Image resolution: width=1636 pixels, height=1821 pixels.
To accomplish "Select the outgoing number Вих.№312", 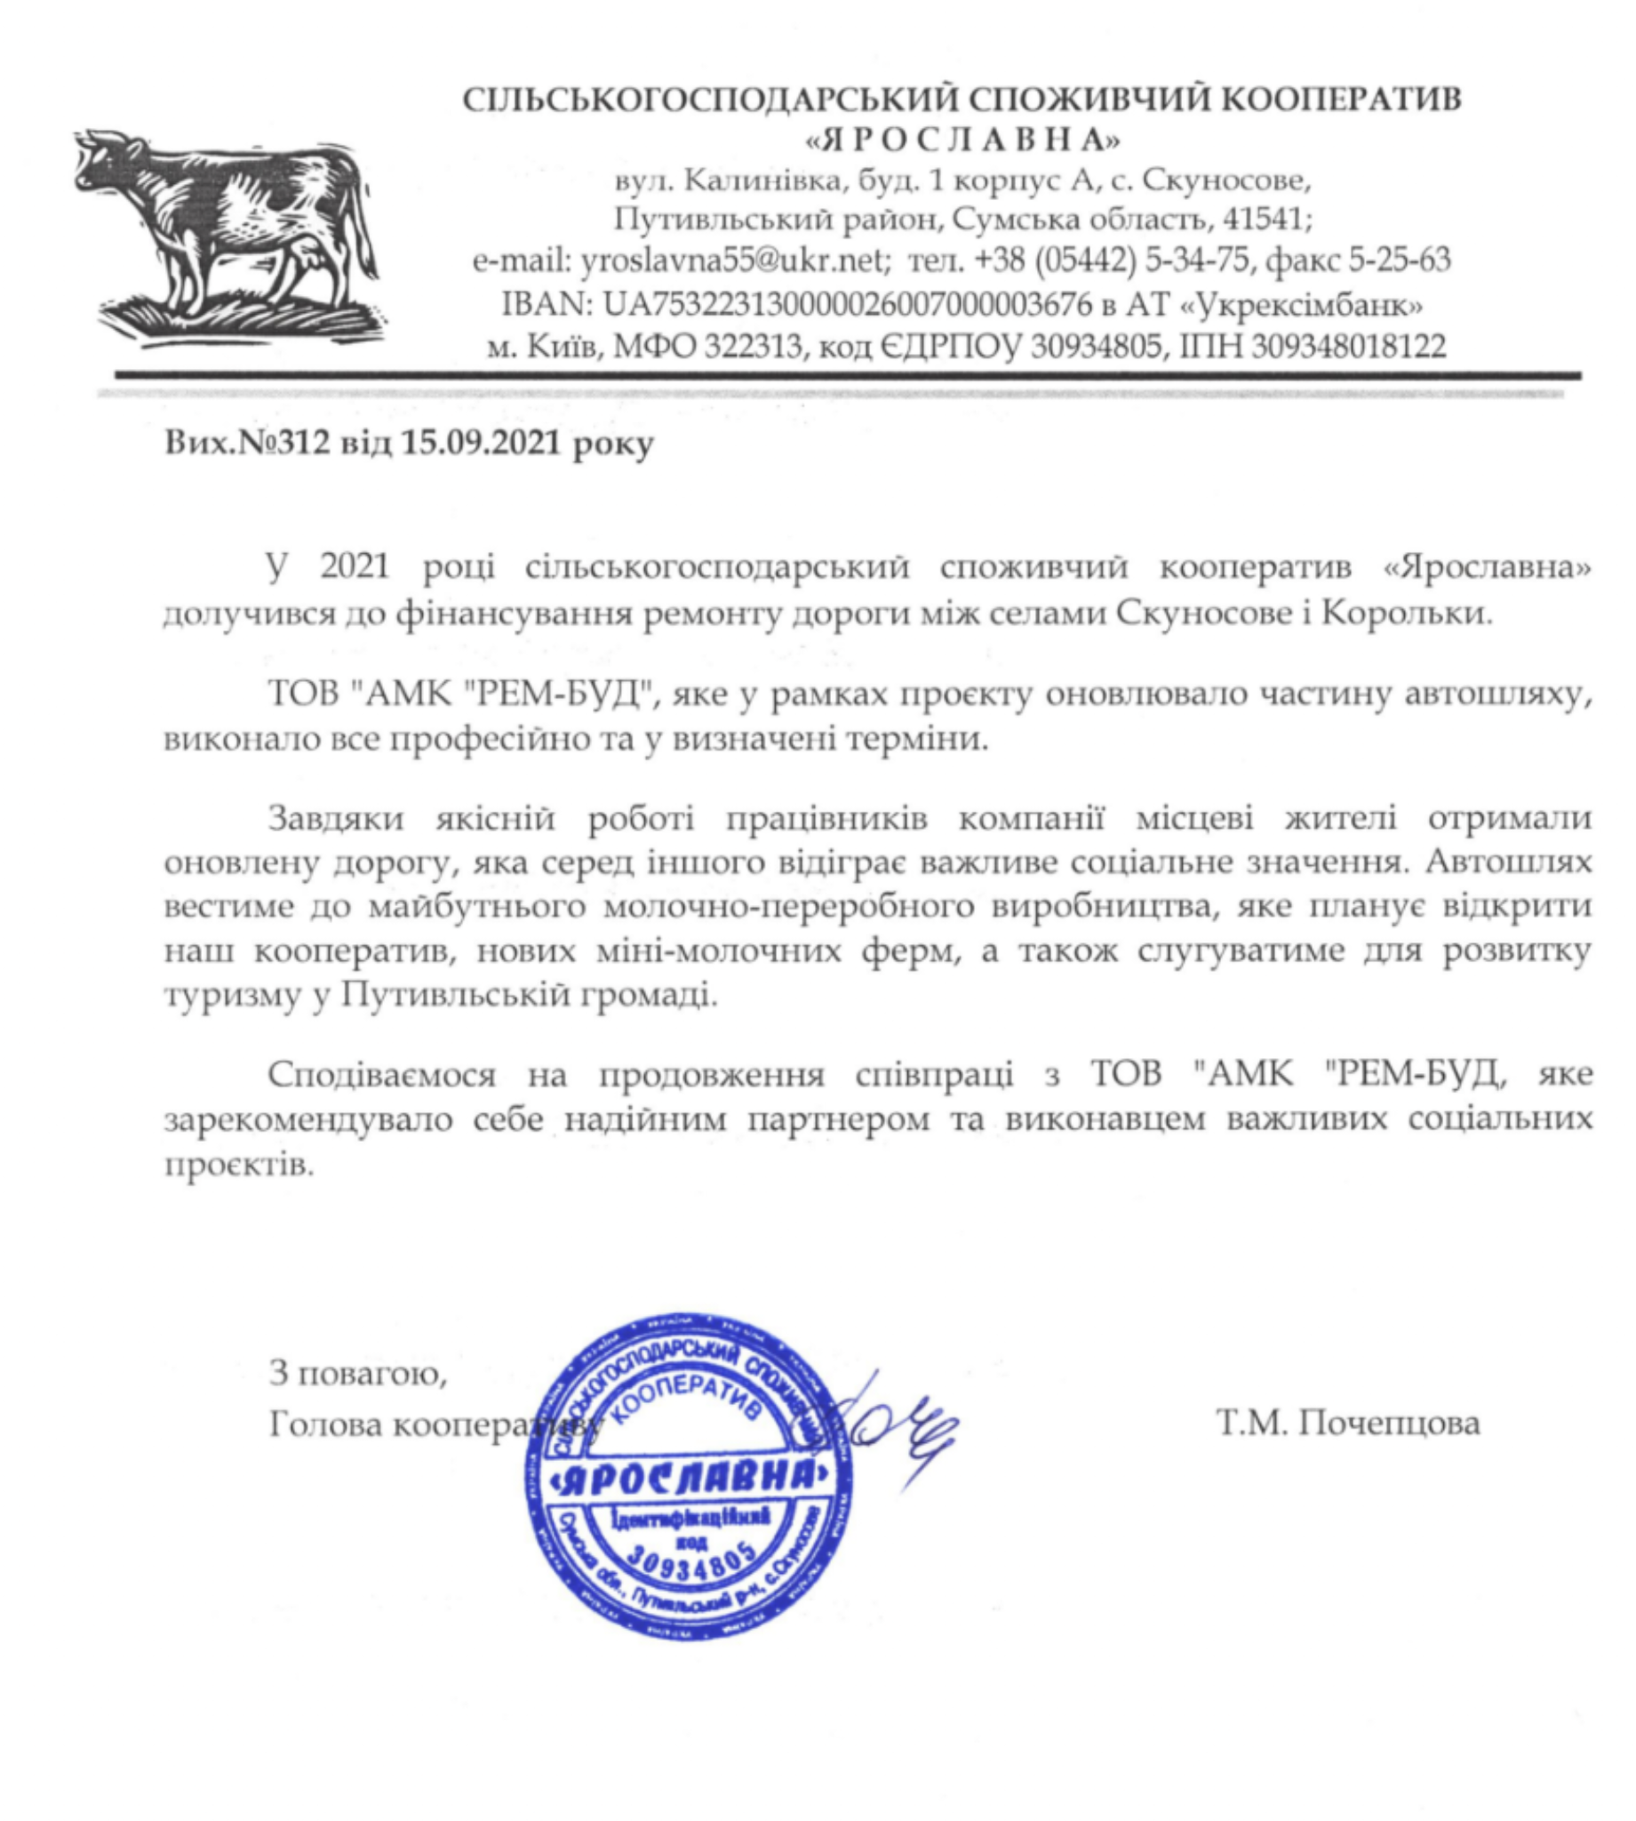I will click(x=245, y=444).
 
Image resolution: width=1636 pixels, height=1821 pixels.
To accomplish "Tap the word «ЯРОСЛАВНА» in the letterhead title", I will click(x=962, y=140).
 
